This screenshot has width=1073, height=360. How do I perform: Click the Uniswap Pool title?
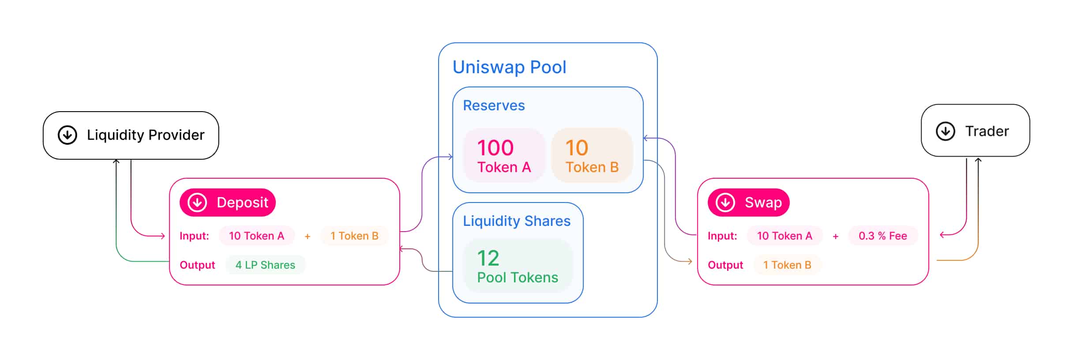click(x=509, y=67)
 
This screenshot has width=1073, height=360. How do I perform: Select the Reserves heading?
click(x=494, y=105)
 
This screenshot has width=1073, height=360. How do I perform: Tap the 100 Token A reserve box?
click(x=504, y=155)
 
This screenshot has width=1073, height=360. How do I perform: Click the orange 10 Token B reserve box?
click(x=592, y=155)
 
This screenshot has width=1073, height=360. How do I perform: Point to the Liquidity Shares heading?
click(x=516, y=221)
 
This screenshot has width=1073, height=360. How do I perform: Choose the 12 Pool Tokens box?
click(x=518, y=266)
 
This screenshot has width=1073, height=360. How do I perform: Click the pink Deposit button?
click(x=228, y=202)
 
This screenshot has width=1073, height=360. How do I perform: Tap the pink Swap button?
click(x=748, y=202)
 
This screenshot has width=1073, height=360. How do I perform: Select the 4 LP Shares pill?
click(x=265, y=265)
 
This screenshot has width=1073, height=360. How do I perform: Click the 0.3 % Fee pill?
click(x=882, y=236)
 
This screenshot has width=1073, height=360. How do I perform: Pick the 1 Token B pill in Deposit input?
click(x=354, y=236)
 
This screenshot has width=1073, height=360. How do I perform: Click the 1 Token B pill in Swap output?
click(x=787, y=265)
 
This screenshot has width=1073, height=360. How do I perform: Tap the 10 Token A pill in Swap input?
click(x=784, y=236)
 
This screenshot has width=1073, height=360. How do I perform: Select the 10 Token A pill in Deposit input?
click(x=256, y=236)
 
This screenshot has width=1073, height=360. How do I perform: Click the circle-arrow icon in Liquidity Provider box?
click(x=68, y=135)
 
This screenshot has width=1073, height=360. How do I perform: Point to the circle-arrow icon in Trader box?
click(x=945, y=131)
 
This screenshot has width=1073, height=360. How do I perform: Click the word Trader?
click(x=987, y=131)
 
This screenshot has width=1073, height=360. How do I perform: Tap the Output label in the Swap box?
click(x=725, y=265)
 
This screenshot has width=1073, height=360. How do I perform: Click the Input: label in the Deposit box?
click(x=194, y=236)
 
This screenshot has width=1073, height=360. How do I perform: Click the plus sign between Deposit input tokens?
click(x=308, y=236)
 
